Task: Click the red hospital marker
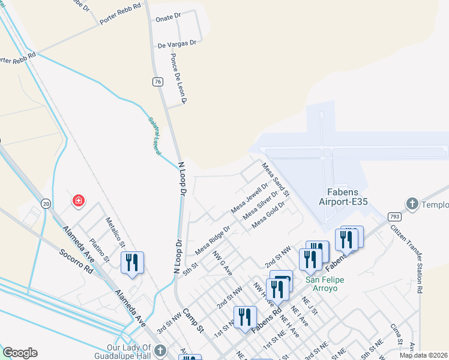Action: point(78,201)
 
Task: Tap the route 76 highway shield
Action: point(157,82)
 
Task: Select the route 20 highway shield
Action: point(46,204)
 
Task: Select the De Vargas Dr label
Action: point(177,43)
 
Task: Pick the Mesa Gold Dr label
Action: point(268,214)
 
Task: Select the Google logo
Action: point(20,353)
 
